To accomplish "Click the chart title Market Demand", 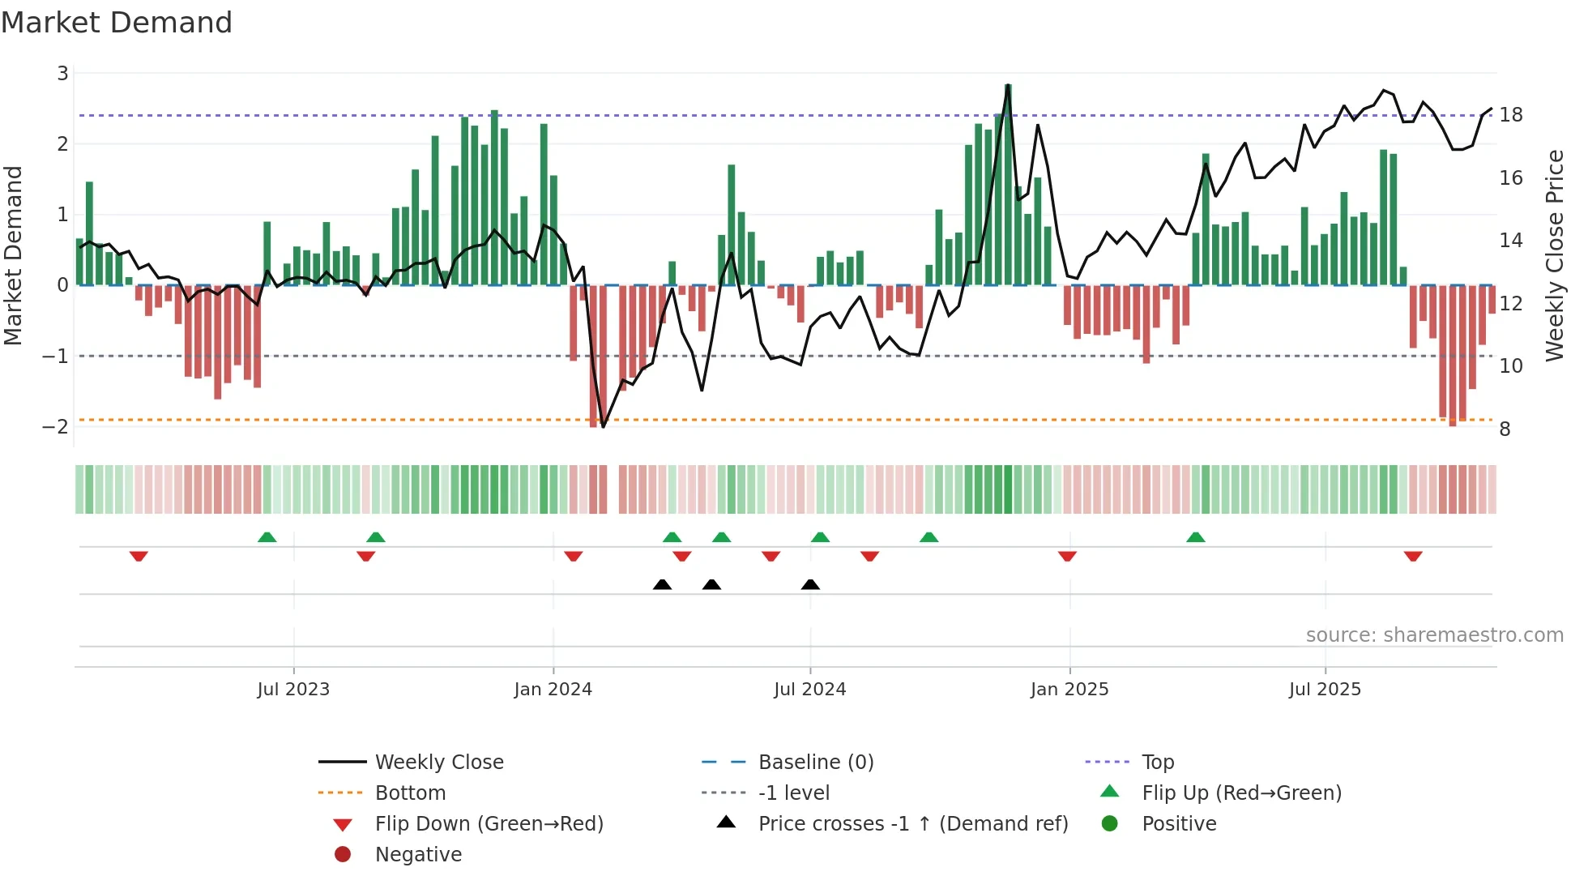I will pos(117,23).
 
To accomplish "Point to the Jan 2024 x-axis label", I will pos(553,689).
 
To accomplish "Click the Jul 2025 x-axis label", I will pos(1325,689).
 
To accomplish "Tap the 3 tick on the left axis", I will pos(62,74).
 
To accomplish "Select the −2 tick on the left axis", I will pos(56,426).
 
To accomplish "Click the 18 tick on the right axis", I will pos(1511,115).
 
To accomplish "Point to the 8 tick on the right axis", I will pos(1505,429).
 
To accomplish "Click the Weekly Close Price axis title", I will pos(1554,255).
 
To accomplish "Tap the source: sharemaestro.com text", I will pos(1434,634).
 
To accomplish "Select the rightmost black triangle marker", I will pos(810,584).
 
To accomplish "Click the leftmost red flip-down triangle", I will pos(139,556).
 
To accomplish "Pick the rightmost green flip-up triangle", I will pos(1195,536).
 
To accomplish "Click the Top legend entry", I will pos(1157,762).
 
